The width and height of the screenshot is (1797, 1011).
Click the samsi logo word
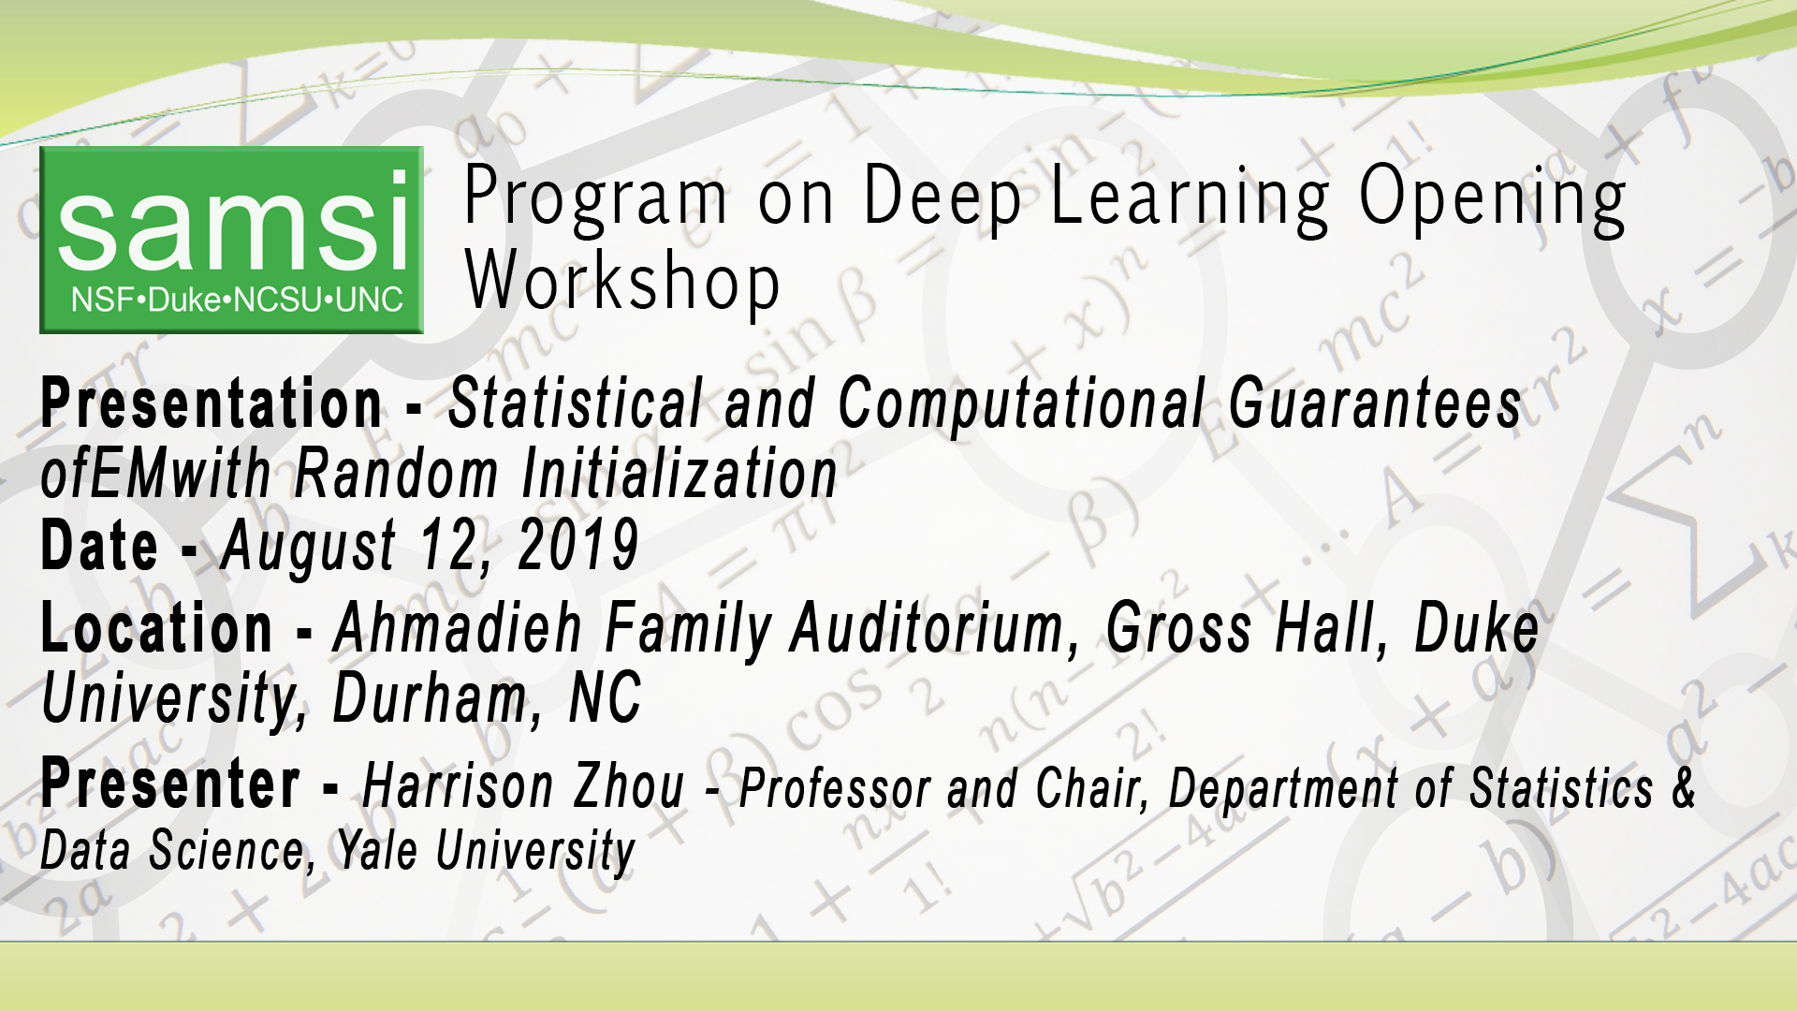(233, 223)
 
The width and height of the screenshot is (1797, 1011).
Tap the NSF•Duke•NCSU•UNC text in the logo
(237, 300)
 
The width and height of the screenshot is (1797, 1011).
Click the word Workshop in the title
(622, 282)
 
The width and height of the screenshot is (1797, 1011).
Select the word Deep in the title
(942, 198)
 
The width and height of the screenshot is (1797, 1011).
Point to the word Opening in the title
(1492, 199)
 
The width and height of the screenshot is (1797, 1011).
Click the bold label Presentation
(212, 403)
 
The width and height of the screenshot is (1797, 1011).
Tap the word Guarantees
(1375, 403)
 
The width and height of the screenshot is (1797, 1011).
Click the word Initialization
(679, 474)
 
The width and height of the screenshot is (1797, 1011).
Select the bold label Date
(99, 546)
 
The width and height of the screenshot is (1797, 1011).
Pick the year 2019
(578, 546)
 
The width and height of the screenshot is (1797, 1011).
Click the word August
(308, 548)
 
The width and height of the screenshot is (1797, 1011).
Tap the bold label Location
(156, 628)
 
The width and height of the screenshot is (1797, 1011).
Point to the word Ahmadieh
(458, 628)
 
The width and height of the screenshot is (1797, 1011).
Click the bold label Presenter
(170, 784)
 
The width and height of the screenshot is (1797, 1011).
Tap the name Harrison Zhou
(523, 786)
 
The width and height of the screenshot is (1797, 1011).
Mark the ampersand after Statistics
(1684, 786)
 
